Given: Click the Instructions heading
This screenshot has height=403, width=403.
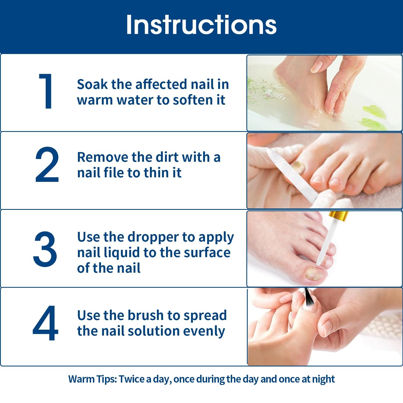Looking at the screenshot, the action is (x=201, y=25).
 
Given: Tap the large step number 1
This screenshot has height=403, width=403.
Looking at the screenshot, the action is (x=46, y=91).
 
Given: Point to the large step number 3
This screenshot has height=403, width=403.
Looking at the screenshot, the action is (x=45, y=249).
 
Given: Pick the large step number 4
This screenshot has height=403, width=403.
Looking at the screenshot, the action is (x=45, y=323).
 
